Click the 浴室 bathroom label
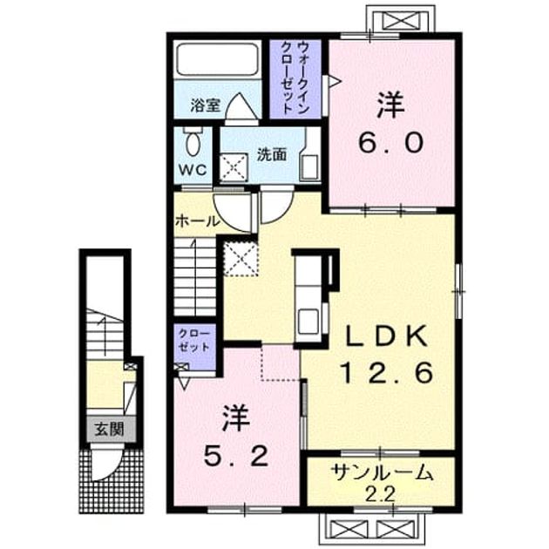[205, 105]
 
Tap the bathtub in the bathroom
[218, 59]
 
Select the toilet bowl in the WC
[193, 144]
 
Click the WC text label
[193, 170]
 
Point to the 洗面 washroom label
[272, 154]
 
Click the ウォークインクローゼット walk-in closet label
[295, 78]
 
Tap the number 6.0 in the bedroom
[390, 143]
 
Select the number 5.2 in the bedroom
[236, 456]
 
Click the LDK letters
[387, 335]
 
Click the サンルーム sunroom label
[382, 473]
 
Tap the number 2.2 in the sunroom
[380, 494]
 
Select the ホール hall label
[198, 221]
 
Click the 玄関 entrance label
[110, 429]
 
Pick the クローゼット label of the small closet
[194, 340]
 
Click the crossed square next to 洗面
[234, 167]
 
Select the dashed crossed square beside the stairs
[241, 259]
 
